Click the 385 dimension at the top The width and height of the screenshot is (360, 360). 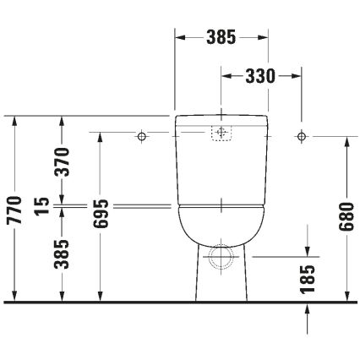tap(221, 38)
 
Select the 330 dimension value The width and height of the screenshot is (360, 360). tap(260, 76)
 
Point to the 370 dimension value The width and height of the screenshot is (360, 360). tap(62, 161)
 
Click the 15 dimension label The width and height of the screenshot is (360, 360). tap(38, 206)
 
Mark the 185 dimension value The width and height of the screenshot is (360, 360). tap(307, 275)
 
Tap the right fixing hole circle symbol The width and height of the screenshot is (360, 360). tap(300, 135)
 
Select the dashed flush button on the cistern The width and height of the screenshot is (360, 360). tap(221, 133)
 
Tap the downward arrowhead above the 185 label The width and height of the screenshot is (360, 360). tap(307, 251)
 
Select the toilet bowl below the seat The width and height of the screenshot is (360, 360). tap(221, 226)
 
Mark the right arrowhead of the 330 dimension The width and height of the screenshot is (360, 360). tap(297, 76)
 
